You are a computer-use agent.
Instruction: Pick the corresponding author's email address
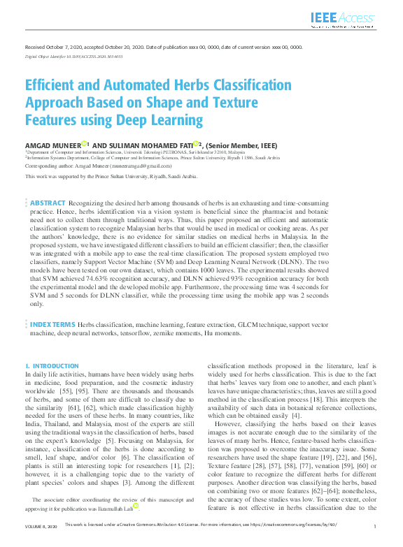point(139,166)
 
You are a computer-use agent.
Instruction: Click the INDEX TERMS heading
point(52,326)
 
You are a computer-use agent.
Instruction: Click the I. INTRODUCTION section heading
point(52,365)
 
